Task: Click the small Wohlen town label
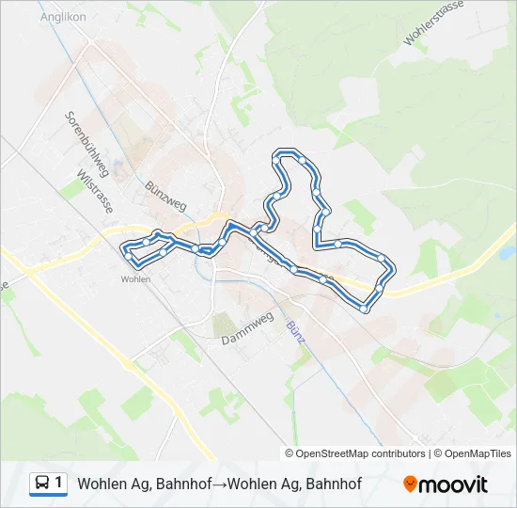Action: [x=135, y=278]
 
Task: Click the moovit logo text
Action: [x=453, y=484]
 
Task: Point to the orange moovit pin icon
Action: [x=410, y=484]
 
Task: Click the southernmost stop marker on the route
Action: [x=364, y=308]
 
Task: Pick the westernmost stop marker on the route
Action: [x=128, y=249]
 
